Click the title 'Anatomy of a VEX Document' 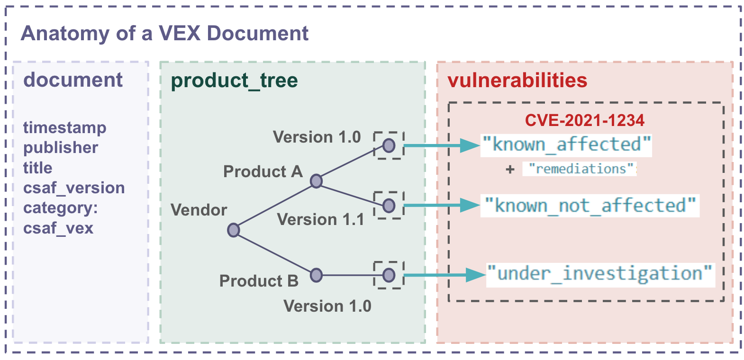[x=164, y=34]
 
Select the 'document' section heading [x=73, y=80]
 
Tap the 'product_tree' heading [x=234, y=81]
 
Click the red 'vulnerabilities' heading [x=517, y=81]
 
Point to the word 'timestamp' [x=65, y=127]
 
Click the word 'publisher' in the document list [x=61, y=148]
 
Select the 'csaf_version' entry [x=74, y=188]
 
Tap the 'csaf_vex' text [x=58, y=228]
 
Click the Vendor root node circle [x=233, y=230]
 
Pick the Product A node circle [x=316, y=181]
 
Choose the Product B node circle [x=316, y=275]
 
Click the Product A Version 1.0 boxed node [x=389, y=145]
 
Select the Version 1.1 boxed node [x=389, y=206]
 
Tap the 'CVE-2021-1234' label [x=584, y=120]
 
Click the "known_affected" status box [x=566, y=144]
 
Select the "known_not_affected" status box [x=590, y=206]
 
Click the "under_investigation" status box [x=600, y=274]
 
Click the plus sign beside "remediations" [x=510, y=169]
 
